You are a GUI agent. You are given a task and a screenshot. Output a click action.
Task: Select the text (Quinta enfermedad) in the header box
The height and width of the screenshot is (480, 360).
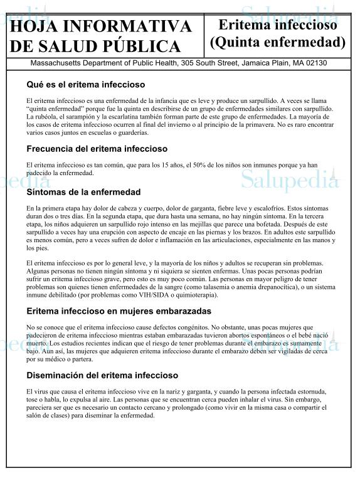pos(278,43)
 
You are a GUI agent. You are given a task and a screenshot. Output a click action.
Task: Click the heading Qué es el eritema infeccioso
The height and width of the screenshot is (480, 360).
pos(86,84)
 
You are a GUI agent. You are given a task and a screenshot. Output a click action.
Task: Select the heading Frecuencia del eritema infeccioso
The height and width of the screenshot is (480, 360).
pos(97,149)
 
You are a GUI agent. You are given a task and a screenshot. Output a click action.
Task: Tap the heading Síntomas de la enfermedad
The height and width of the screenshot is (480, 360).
pos(83,192)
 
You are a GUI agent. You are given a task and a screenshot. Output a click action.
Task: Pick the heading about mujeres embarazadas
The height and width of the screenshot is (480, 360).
pos(119,311)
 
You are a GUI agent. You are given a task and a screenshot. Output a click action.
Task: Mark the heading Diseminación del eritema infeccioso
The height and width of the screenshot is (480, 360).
pos(102,376)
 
